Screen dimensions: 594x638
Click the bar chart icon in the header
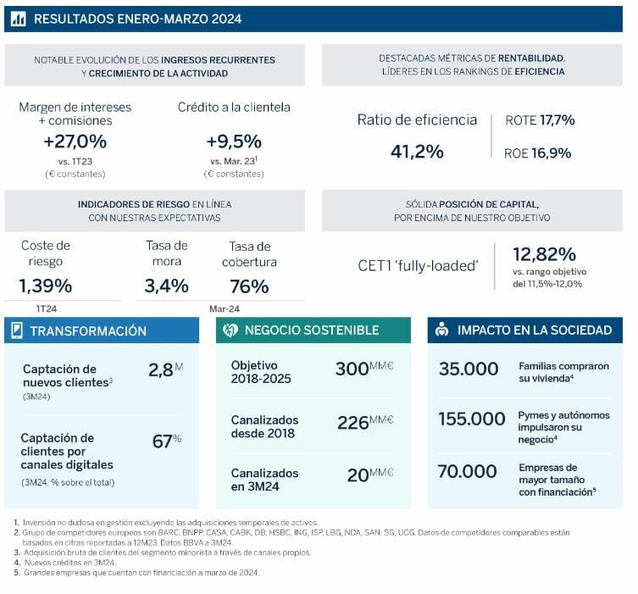[19, 19]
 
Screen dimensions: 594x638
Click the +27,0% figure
[75, 142]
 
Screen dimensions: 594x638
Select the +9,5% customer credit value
[234, 142]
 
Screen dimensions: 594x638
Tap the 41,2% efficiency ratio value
[417, 152]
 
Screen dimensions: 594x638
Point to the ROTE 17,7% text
[540, 120]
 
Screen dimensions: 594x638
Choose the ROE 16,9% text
[539, 153]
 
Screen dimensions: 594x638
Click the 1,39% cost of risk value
[45, 286]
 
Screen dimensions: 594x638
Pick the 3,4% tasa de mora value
[166, 286]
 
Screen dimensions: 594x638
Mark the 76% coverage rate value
[249, 286]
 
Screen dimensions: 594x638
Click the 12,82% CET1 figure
[544, 254]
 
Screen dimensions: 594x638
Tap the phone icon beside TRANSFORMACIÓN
[16, 331]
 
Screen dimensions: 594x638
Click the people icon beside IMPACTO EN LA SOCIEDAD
[441, 330]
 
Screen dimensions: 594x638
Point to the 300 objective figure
[352, 370]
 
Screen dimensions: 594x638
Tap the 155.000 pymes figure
[472, 418]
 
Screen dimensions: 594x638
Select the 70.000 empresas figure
[467, 471]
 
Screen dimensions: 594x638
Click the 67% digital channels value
[162, 441]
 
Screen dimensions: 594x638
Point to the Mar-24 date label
[224, 308]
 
